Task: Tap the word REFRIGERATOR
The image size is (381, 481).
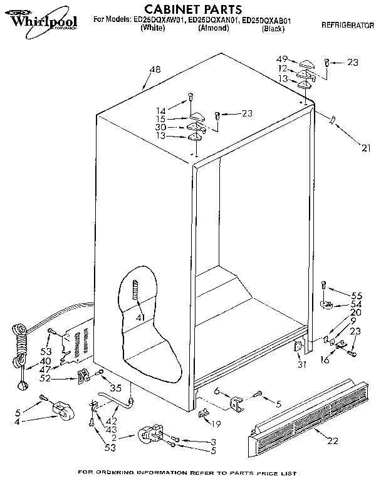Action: (x=346, y=26)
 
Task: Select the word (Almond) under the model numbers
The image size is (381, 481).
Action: (x=213, y=28)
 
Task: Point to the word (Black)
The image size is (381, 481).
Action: (x=273, y=28)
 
